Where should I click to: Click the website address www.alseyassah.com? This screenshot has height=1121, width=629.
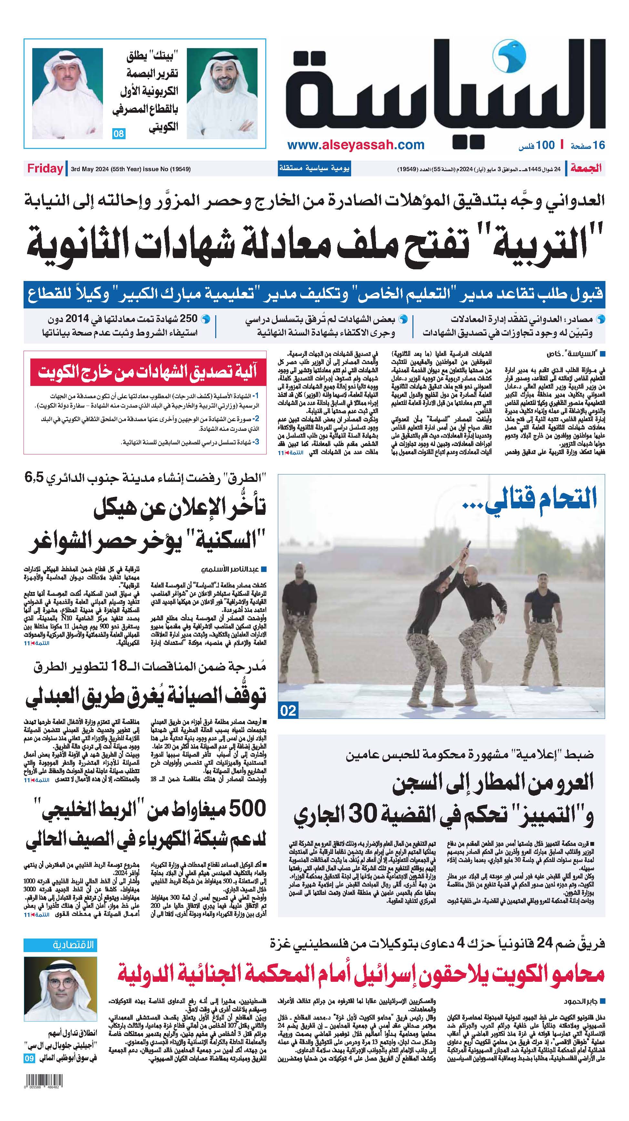(x=356, y=145)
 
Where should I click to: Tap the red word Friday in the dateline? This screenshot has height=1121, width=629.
(x=45, y=169)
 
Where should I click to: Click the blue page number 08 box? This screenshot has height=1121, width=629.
(x=119, y=134)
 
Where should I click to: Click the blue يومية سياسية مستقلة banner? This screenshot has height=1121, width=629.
(x=314, y=168)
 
